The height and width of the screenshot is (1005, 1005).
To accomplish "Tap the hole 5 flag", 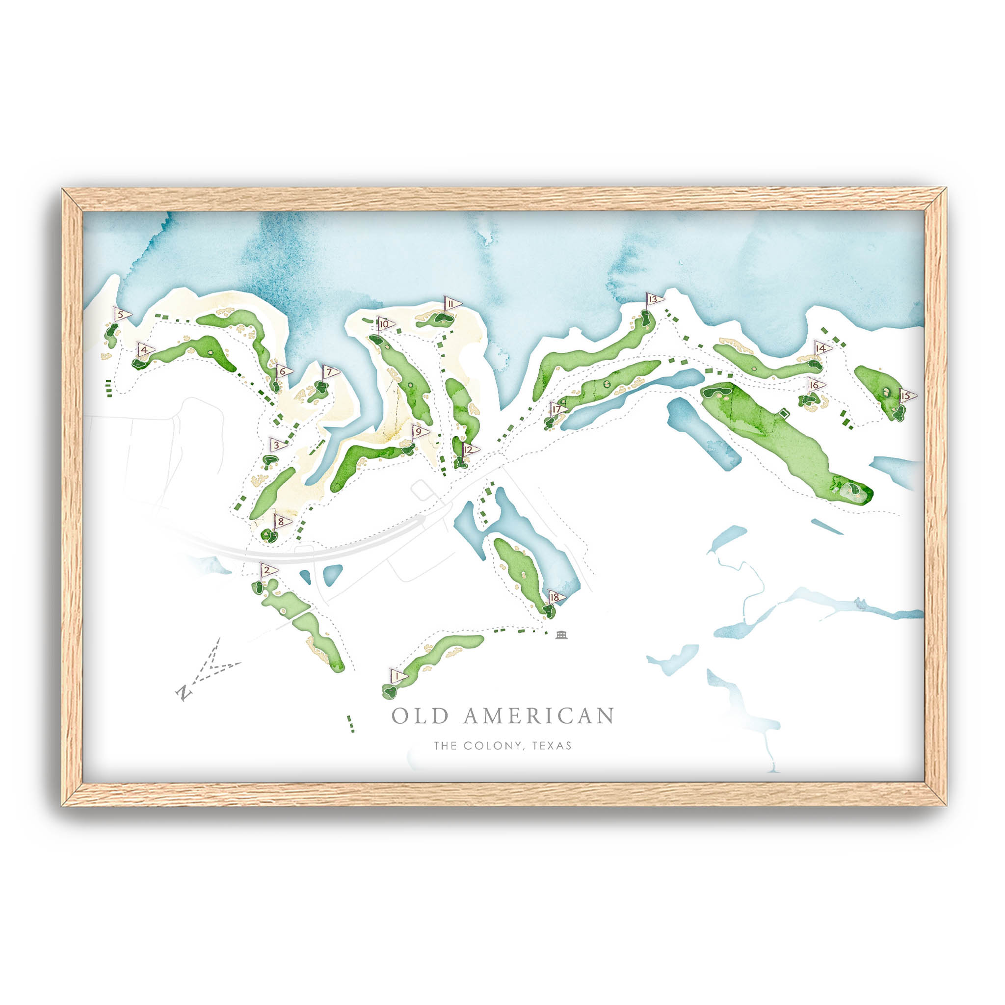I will [122, 315].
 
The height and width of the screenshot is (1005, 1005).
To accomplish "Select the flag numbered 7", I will [330, 372].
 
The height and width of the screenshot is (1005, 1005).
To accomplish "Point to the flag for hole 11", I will [451, 304].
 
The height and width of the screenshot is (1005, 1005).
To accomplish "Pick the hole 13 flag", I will [655, 299].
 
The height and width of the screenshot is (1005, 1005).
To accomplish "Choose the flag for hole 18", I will [555, 598].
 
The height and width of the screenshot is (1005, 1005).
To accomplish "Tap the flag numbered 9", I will [419, 432].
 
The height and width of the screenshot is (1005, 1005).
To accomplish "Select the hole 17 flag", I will [558, 408].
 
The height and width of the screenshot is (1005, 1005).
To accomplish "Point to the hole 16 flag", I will [815, 385].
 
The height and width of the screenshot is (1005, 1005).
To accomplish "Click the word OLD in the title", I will [419, 716].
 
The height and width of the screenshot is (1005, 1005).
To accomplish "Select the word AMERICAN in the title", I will [538, 716].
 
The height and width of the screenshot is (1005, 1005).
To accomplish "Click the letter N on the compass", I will [183, 693].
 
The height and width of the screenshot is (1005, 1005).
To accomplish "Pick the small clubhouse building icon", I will [561, 635].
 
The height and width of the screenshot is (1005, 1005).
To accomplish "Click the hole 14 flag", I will [822, 348].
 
